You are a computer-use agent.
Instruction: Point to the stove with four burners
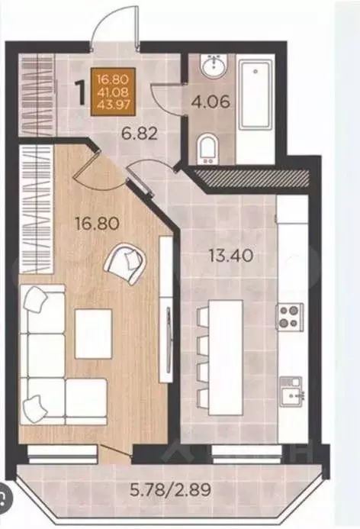(291, 316)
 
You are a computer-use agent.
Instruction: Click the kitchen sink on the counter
(291, 390)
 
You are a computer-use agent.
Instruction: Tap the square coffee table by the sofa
(93, 334)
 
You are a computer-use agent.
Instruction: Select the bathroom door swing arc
(163, 100)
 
